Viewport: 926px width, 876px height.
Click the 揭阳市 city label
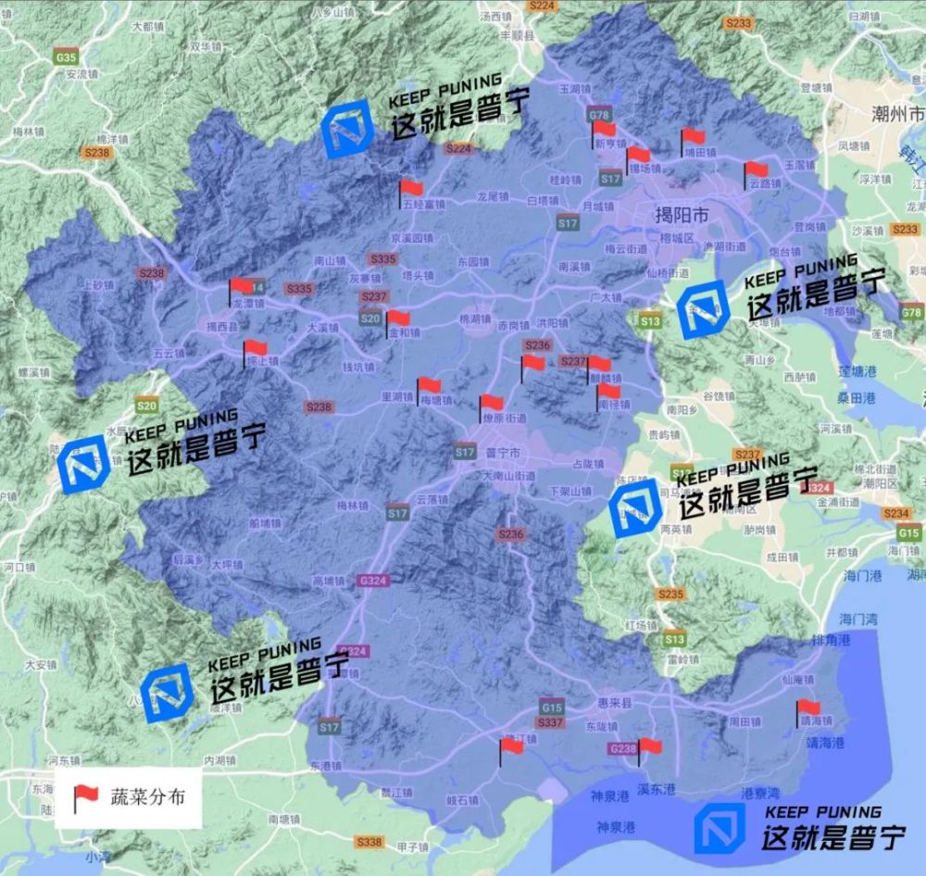coord(682,216)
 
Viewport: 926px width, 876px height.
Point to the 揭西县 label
coord(222,326)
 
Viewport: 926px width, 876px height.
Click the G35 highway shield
coord(66,57)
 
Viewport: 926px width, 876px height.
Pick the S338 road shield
coord(369,842)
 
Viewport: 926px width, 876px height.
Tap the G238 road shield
coord(622,748)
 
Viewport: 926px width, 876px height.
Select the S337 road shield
coord(550,722)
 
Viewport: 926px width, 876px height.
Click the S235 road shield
coord(670,594)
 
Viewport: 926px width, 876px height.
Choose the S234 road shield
coord(896,513)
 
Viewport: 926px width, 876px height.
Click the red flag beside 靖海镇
coord(807,708)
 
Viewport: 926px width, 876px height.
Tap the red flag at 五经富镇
coord(411,189)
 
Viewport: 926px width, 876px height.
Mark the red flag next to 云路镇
coord(756,169)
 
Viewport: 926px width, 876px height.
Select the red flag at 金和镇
coord(398,318)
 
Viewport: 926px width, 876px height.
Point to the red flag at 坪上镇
coord(255,348)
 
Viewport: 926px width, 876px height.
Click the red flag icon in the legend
coord(85,795)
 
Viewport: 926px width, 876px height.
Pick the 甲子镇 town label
coord(411,847)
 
